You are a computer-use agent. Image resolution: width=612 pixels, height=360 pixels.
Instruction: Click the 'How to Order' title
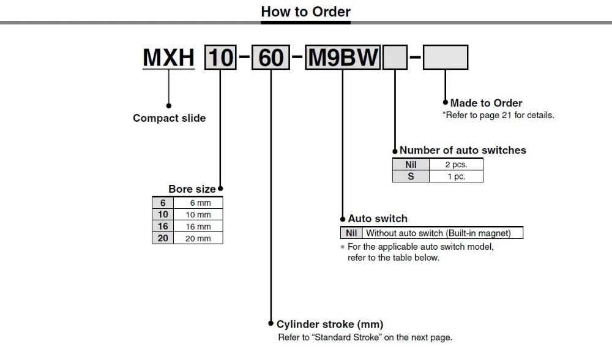click(305, 12)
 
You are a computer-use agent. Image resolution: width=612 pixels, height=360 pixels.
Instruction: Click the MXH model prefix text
click(168, 58)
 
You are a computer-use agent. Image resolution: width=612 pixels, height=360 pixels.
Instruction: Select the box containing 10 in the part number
click(220, 58)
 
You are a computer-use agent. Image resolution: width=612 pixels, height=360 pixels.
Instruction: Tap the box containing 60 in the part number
click(271, 58)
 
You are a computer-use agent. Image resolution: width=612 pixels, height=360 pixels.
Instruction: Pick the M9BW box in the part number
click(343, 58)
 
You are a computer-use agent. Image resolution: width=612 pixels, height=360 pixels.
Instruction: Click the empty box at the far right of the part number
click(446, 58)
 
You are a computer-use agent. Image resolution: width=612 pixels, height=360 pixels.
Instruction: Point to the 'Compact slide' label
click(169, 118)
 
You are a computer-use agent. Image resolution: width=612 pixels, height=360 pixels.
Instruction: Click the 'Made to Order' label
click(487, 103)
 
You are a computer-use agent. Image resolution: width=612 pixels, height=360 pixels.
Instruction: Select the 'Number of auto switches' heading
click(463, 150)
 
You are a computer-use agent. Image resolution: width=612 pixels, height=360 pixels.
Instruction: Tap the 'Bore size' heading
click(192, 189)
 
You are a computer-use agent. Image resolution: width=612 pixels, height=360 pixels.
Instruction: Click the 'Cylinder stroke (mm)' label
click(330, 324)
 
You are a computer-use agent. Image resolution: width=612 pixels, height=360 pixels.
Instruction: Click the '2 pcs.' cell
click(456, 165)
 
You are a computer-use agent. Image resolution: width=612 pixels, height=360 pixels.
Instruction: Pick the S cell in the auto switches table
click(411, 176)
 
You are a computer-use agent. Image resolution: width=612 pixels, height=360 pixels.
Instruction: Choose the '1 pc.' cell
click(456, 176)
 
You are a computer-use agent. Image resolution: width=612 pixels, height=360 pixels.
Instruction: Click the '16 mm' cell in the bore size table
click(198, 227)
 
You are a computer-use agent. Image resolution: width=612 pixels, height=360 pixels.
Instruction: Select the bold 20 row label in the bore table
click(163, 238)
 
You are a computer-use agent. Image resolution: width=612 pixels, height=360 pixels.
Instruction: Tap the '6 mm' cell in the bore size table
click(198, 203)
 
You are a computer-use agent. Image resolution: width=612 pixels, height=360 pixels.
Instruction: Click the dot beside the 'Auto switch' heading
click(343, 219)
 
